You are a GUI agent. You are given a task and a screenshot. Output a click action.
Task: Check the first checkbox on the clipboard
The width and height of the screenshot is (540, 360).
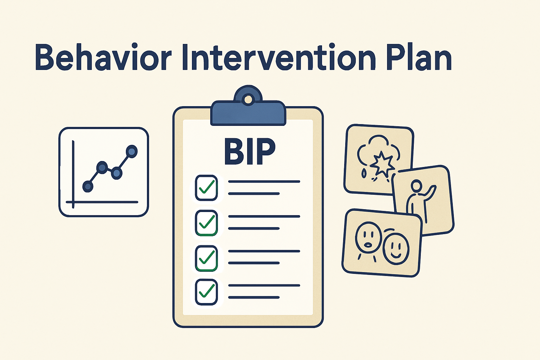click(x=206, y=188)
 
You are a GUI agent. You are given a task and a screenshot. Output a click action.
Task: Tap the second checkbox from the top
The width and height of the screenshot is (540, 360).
click(x=206, y=223)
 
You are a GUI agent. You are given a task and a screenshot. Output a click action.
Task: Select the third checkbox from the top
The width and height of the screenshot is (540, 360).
click(x=206, y=258)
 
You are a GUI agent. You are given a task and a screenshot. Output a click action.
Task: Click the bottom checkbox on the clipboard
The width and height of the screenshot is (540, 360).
click(x=206, y=291)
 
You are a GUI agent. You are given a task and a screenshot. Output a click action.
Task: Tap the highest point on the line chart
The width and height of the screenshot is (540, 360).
click(x=131, y=152)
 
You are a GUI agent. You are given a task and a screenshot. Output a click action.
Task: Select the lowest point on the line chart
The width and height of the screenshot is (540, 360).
click(x=88, y=186)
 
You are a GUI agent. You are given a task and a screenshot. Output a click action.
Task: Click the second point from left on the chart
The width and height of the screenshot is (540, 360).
click(x=102, y=167)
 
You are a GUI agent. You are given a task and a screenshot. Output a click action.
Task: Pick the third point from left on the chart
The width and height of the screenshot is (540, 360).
click(x=116, y=173)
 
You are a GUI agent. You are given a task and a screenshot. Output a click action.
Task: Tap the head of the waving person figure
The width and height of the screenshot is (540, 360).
click(x=416, y=186)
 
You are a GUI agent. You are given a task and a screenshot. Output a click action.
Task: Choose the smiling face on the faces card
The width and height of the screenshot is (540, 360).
click(x=396, y=248)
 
